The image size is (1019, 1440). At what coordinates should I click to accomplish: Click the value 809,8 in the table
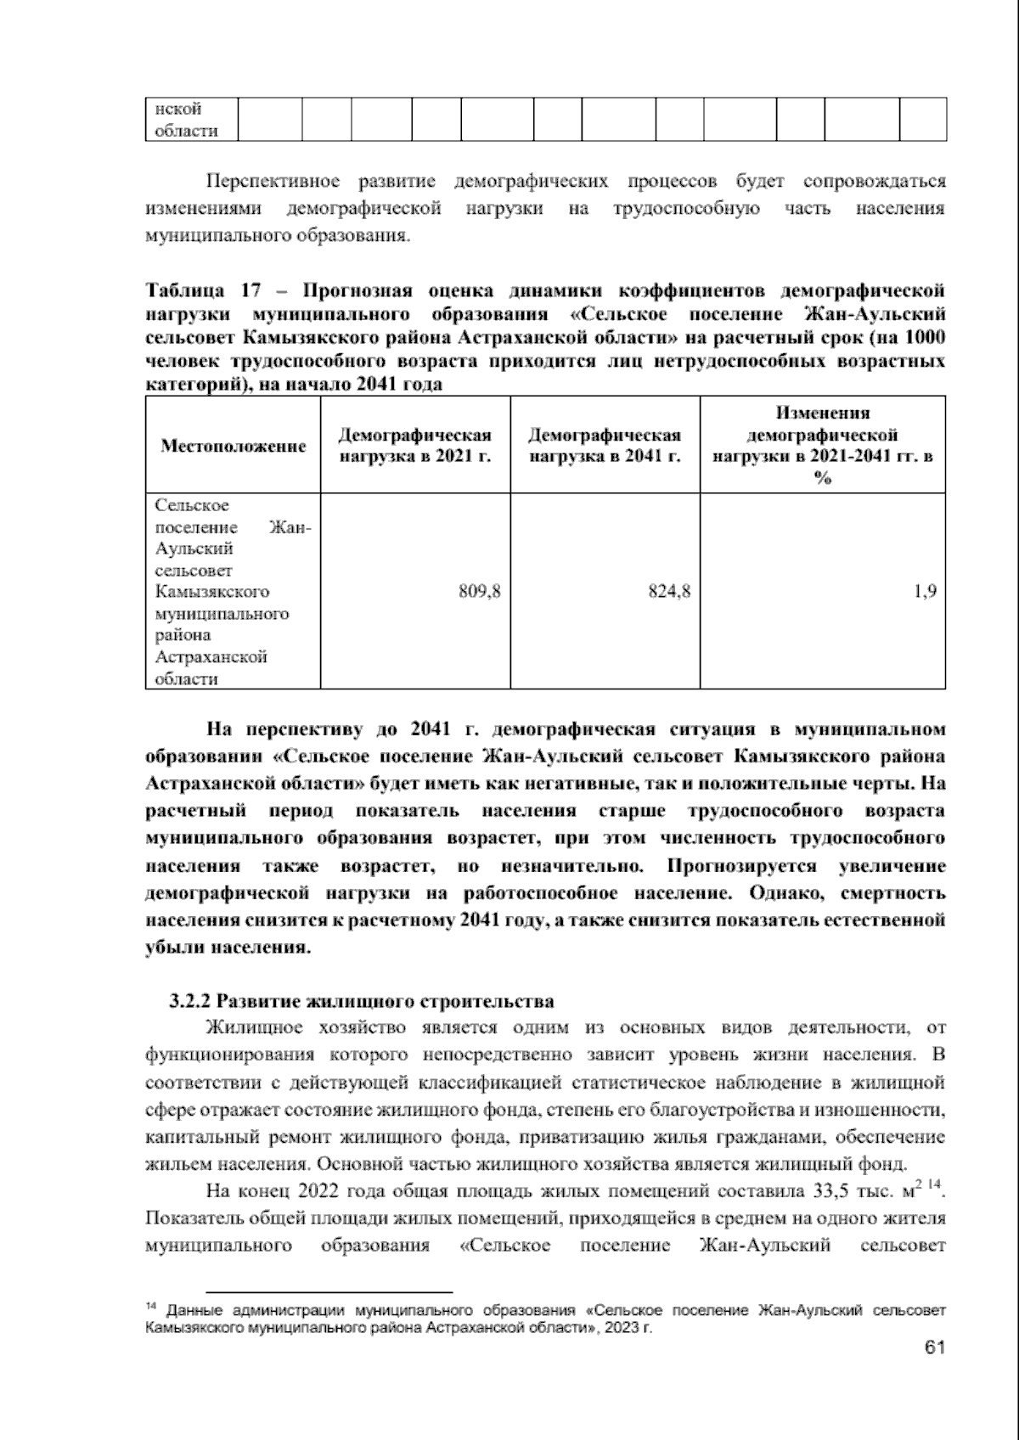click(x=479, y=592)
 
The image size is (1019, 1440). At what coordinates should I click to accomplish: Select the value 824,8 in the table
click(x=669, y=592)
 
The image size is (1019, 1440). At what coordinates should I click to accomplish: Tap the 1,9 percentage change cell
click(x=925, y=592)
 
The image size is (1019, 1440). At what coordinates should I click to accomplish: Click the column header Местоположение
click(x=234, y=446)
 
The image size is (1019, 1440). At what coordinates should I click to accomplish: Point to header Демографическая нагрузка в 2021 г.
click(x=414, y=446)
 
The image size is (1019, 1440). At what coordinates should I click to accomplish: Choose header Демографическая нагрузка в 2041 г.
click(x=605, y=446)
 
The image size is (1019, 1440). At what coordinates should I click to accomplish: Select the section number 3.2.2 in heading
click(x=190, y=1001)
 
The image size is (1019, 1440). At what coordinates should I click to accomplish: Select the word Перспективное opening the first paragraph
click(x=273, y=182)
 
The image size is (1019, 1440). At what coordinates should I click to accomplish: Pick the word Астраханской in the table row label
click(x=211, y=656)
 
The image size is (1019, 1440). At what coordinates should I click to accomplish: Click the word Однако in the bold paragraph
click(x=779, y=893)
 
